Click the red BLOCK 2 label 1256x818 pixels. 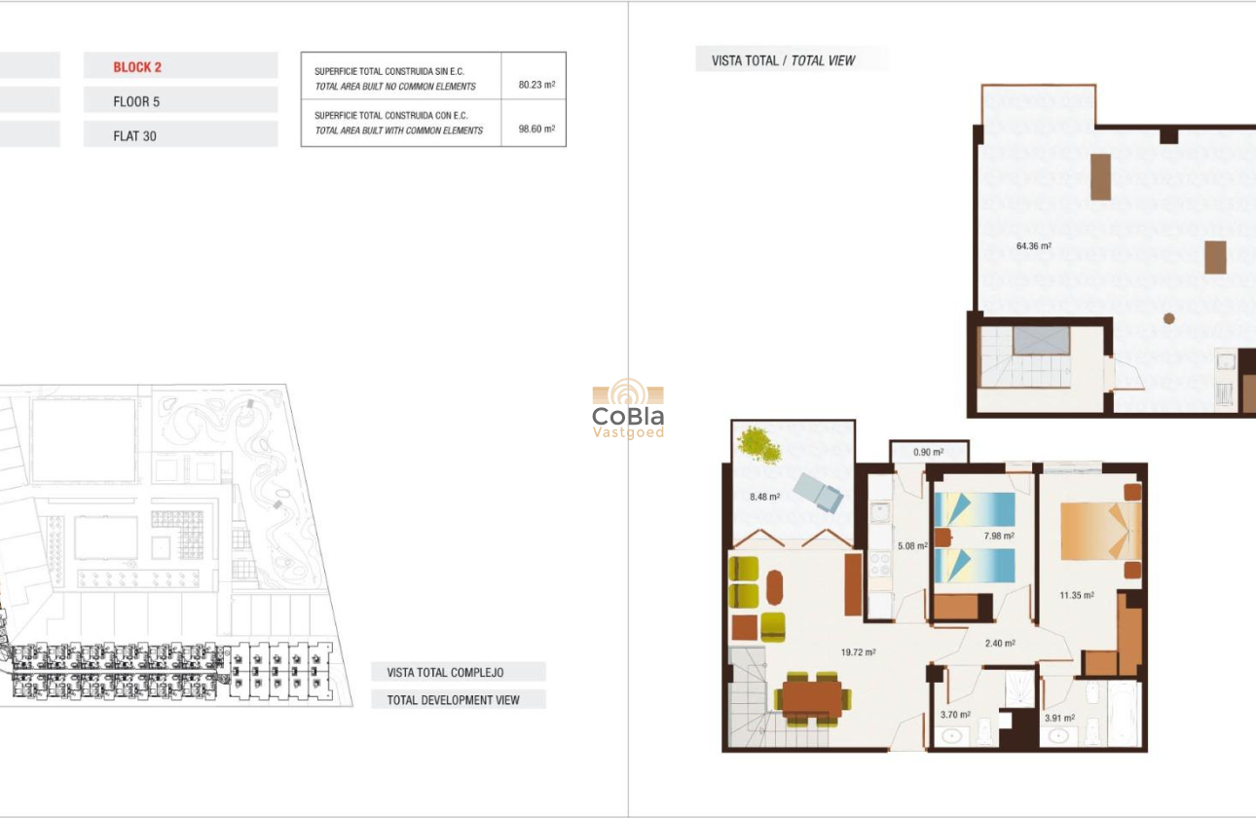(x=137, y=67)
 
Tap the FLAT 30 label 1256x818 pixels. (x=134, y=136)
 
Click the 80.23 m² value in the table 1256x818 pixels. (x=536, y=86)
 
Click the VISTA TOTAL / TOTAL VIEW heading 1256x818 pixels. (x=784, y=60)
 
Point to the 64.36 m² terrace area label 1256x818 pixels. (x=1033, y=246)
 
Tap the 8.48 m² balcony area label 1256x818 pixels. (x=764, y=497)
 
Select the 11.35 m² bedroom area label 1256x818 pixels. (x=1076, y=595)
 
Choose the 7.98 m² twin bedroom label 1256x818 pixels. (x=999, y=536)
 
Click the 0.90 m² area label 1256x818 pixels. (x=928, y=452)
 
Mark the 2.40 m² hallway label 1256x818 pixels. (x=1000, y=643)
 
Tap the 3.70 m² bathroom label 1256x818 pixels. (x=955, y=716)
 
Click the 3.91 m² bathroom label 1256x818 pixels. (x=1059, y=719)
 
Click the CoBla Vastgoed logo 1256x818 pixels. (x=628, y=409)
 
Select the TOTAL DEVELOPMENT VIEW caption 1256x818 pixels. (x=454, y=699)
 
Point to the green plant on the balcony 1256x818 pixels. (x=759, y=445)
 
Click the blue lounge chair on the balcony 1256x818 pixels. (x=818, y=493)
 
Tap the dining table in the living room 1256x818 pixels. (x=812, y=698)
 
